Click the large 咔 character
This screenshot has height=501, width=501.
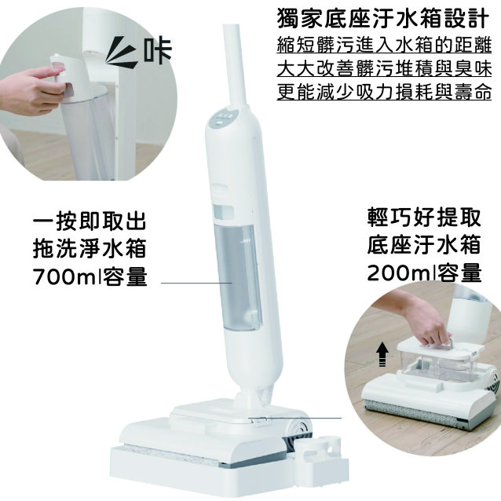coord(158,52)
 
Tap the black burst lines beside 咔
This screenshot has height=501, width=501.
coord(121,53)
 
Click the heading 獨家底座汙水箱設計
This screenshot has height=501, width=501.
coord(383,18)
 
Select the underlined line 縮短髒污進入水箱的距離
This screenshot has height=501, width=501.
coord(384,45)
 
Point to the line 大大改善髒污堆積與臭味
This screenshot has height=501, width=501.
coord(384,68)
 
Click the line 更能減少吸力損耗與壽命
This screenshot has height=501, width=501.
coord(384,91)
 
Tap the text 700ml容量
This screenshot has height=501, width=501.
coord(90,276)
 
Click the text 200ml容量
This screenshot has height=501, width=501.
coord(424,273)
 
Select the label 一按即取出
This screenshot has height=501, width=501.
coord(90,221)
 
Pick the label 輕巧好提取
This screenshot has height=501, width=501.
coord(424,218)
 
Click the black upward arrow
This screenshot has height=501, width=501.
coord(382,354)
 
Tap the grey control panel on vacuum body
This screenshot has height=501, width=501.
coord(223,118)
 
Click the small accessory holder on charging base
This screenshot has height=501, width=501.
coord(320,452)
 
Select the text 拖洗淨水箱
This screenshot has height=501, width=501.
coord(90,249)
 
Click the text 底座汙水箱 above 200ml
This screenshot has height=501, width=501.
coord(424,245)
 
